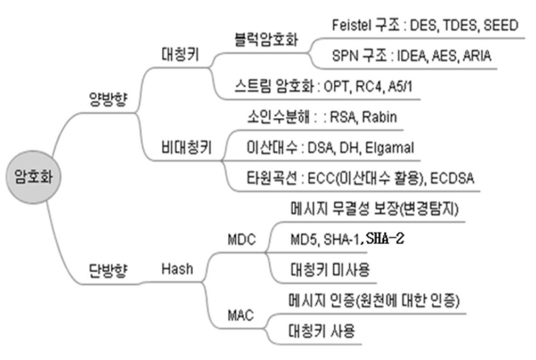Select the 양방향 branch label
[x=108, y=100]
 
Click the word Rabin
[x=379, y=117]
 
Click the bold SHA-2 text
[x=384, y=239]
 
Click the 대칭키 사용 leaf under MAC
[x=322, y=332]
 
